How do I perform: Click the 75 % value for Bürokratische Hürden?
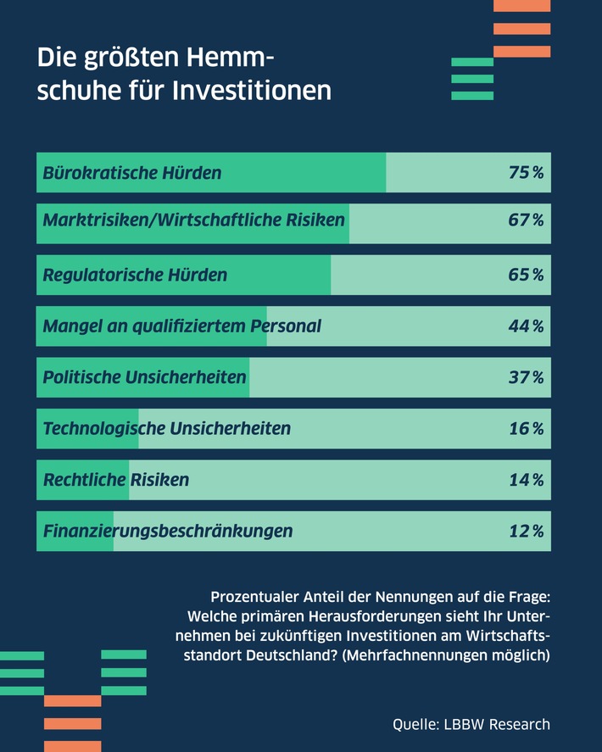point(526,173)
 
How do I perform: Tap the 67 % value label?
point(526,220)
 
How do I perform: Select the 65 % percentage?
point(526,275)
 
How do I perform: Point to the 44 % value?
point(526,326)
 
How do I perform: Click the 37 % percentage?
point(526,377)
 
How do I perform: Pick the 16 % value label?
point(526,429)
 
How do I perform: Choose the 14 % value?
point(526,481)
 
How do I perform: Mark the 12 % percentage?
point(526,532)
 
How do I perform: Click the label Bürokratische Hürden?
point(132,173)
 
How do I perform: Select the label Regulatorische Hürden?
point(135,275)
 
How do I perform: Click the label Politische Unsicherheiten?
point(144,377)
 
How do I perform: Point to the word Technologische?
point(103,429)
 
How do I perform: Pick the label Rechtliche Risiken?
point(116,481)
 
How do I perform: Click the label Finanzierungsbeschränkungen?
point(168,532)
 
